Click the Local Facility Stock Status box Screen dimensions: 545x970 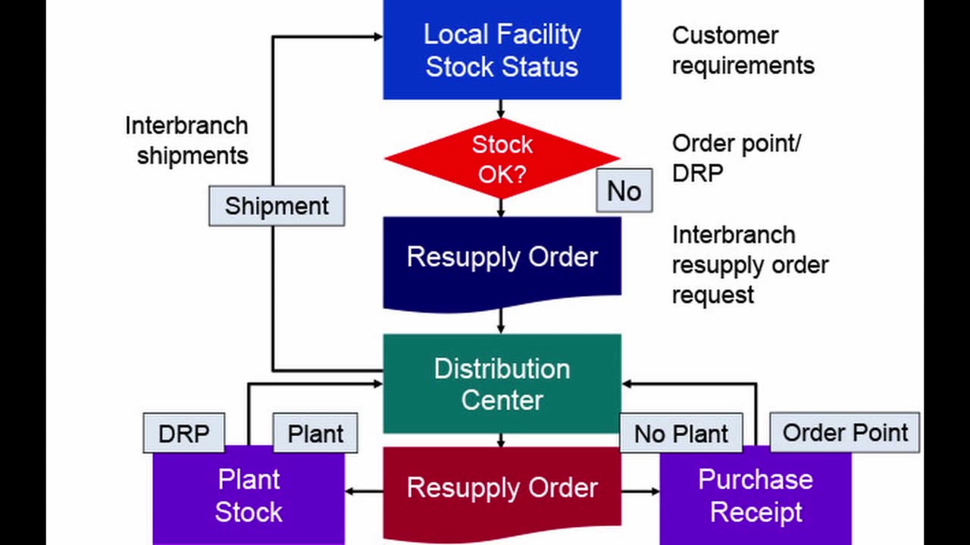tap(502, 50)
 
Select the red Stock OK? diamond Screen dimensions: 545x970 tap(502, 159)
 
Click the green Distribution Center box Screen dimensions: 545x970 tap(502, 384)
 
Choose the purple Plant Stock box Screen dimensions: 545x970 tap(249, 496)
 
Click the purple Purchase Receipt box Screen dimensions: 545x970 tap(756, 496)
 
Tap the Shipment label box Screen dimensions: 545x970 tap(277, 206)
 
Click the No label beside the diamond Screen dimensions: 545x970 tap(624, 191)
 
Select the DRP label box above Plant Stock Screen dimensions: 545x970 tap(183, 434)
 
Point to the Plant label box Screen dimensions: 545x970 tap(314, 434)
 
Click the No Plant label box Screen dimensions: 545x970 tap(681, 434)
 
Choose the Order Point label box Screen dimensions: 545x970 tap(844, 433)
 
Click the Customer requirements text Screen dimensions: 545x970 tap(743, 51)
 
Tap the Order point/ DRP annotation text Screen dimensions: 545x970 tap(736, 158)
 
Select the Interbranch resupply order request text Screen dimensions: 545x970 tap(749, 265)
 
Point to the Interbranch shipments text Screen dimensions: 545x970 tap(186, 140)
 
